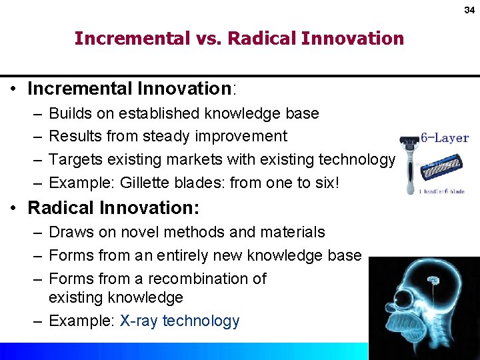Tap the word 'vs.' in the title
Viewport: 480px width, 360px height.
[209, 39]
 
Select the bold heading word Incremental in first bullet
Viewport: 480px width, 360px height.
[82, 88]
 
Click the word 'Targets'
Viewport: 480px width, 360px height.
[75, 159]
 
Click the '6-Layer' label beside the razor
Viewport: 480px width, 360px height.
[444, 139]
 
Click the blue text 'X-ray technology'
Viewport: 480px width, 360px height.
[179, 321]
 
